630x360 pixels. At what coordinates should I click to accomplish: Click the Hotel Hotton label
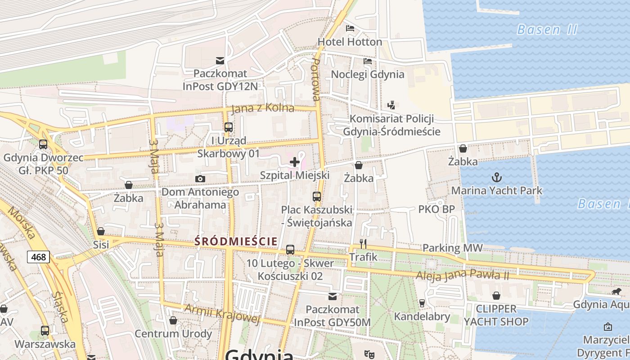click(x=350, y=42)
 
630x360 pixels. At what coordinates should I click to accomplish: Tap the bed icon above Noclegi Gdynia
click(x=368, y=61)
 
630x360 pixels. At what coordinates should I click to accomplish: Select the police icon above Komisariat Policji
click(x=391, y=105)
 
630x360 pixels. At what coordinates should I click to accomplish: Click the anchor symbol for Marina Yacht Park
click(x=497, y=177)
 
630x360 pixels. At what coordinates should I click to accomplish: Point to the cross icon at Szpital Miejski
click(x=295, y=162)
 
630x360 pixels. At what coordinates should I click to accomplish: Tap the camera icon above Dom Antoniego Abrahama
click(x=200, y=179)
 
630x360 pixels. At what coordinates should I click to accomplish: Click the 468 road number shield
click(x=39, y=257)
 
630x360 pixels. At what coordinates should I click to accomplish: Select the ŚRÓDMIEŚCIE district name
click(x=236, y=242)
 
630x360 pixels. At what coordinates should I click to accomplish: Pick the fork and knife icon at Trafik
click(x=363, y=244)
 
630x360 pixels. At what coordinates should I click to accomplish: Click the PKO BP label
click(x=436, y=209)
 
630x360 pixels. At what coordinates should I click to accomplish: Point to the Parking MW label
click(x=452, y=248)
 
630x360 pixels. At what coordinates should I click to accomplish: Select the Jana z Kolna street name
click(x=263, y=108)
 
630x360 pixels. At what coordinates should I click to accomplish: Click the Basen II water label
click(x=547, y=30)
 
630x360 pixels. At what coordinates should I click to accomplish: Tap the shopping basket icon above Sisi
click(x=101, y=231)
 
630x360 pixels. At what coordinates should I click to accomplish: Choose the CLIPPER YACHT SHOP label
click(x=496, y=315)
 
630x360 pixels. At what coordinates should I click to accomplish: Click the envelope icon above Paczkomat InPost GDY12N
click(x=220, y=60)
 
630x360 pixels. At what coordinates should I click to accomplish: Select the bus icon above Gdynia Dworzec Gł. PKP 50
click(x=43, y=144)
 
